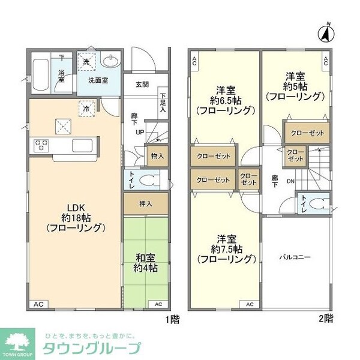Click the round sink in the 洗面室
click(110, 62)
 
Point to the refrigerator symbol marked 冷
click(86, 109)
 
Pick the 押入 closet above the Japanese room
click(146, 203)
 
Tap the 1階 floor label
click(171, 320)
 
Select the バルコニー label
click(294, 257)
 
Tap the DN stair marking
click(290, 181)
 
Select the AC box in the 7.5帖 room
click(249, 305)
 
